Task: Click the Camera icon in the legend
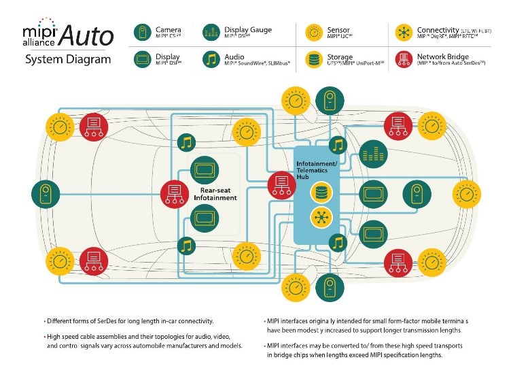coord(141,33)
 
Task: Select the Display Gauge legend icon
coord(211,33)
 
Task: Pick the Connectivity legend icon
coord(405,33)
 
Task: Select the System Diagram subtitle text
coord(67,59)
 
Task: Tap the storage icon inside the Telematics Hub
coord(320,193)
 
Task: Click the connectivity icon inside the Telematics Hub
coord(320,218)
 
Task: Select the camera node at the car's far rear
coord(43,193)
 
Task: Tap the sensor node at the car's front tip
coord(466,193)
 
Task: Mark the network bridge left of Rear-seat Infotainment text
coord(174,193)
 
